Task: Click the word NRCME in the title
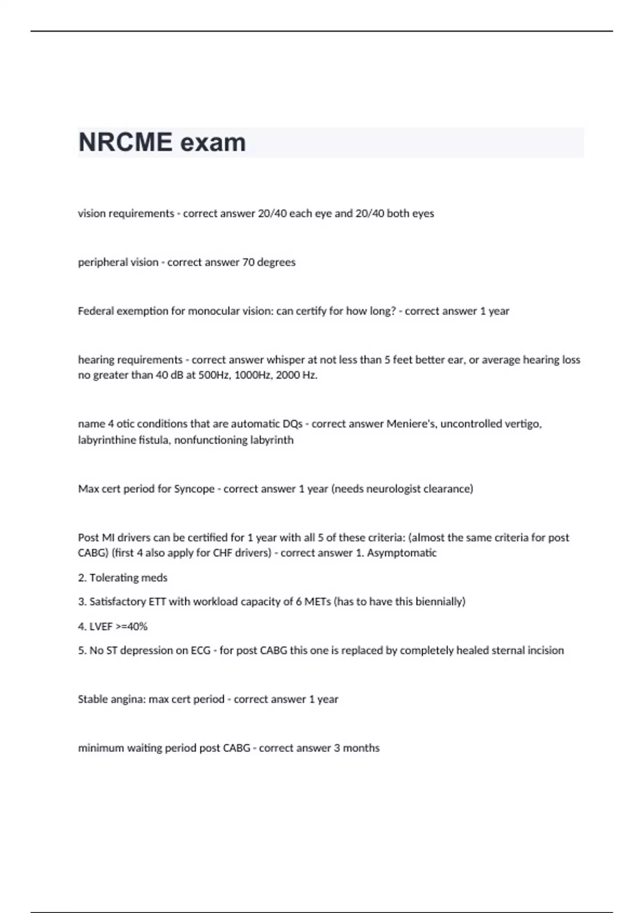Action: pyautogui.click(x=126, y=142)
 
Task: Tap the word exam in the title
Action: pyautogui.click(x=213, y=142)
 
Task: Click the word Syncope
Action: pyautogui.click(x=194, y=489)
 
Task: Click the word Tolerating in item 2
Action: pyautogui.click(x=114, y=577)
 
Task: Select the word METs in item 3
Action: pyautogui.click(x=318, y=602)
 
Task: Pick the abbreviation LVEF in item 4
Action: pyautogui.click(x=101, y=626)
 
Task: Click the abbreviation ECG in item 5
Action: pyautogui.click(x=201, y=650)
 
